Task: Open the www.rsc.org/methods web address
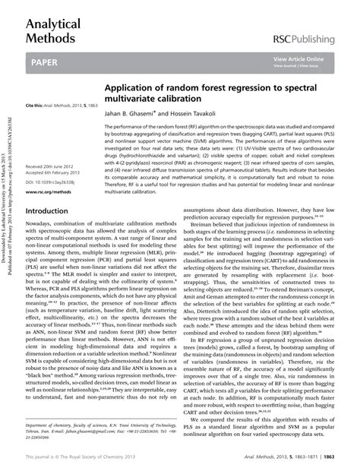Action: point(48,192)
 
